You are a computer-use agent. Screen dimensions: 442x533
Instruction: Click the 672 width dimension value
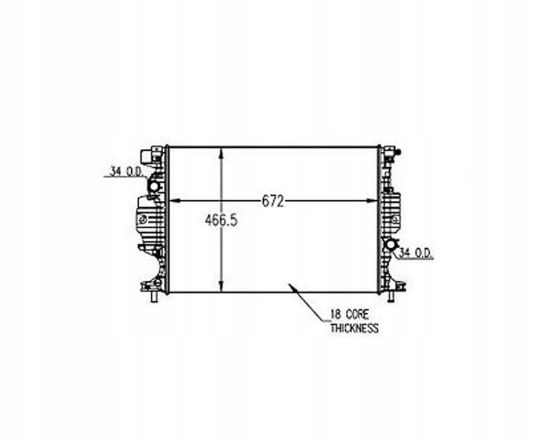pyautogui.click(x=273, y=201)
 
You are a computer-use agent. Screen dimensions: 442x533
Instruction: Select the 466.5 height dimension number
pyautogui.click(x=221, y=221)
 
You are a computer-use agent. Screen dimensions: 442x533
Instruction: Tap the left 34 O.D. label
pyautogui.click(x=126, y=172)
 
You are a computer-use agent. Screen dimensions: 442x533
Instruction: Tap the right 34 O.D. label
pyautogui.click(x=416, y=253)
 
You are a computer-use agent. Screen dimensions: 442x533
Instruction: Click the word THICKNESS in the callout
pyautogui.click(x=354, y=328)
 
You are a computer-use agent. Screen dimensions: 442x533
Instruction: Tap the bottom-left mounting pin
pyautogui.click(x=153, y=298)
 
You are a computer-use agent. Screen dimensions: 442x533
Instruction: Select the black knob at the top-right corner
pyautogui.click(x=398, y=152)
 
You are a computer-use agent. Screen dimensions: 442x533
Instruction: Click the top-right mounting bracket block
pyautogui.click(x=388, y=153)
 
